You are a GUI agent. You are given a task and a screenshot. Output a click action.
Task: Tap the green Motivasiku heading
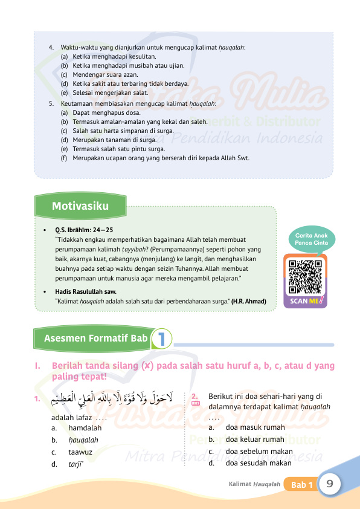pyautogui.click(x=80, y=206)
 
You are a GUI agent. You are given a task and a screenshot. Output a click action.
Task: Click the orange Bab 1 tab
pyautogui.click(x=301, y=485)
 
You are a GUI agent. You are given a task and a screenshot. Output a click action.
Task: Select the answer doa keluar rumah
pyautogui.click(x=254, y=439)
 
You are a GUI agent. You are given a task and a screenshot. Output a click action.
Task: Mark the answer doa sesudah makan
pyautogui.click(x=258, y=464)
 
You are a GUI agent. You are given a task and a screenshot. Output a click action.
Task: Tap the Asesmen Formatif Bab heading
pyautogui.click(x=95, y=339)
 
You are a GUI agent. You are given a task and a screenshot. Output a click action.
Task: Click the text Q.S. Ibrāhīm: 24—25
pyautogui.click(x=84, y=230)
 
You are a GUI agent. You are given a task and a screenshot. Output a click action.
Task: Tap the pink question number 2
pyautogui.click(x=195, y=397)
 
